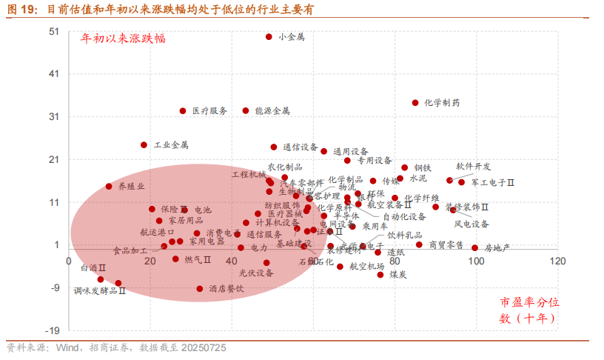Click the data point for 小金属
tap(269, 36)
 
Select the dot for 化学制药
tap(415, 103)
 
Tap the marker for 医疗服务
tap(183, 111)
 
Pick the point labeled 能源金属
tap(246, 111)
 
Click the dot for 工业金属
tap(144, 145)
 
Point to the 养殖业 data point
tap(109, 187)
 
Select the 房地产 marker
tap(474, 247)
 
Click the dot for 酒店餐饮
tap(200, 289)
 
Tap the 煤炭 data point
tap(380, 275)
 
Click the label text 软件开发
tap(473, 167)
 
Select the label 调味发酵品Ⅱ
tap(100, 291)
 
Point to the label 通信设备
tap(300, 147)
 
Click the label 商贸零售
tap(446, 244)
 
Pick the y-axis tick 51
tap(54, 32)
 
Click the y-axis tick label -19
tap(53, 330)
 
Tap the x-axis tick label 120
tap(557, 261)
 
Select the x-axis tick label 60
tap(312, 261)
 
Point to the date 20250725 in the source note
tap(202, 347)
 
